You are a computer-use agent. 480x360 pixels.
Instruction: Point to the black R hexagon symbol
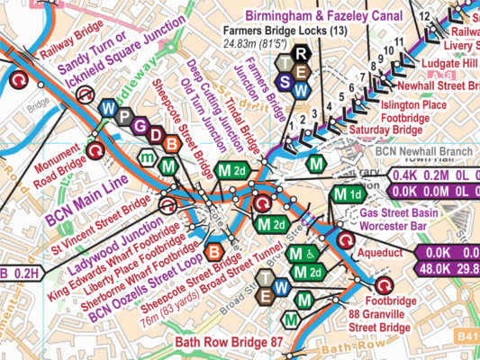pyautogui.click(x=303, y=55)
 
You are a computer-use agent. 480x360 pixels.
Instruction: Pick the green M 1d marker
pyautogui.click(x=349, y=195)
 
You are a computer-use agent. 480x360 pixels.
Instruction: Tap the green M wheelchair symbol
pyautogui.click(x=303, y=255)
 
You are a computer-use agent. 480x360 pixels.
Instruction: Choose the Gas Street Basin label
pyautogui.click(x=400, y=209)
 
